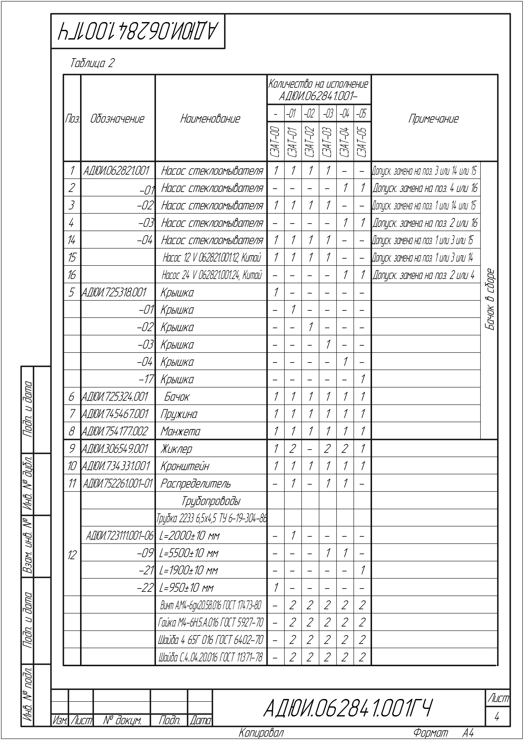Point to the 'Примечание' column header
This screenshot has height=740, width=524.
click(x=433, y=119)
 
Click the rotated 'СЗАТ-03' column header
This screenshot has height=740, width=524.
click(x=327, y=142)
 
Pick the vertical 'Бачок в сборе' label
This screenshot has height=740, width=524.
click(x=490, y=300)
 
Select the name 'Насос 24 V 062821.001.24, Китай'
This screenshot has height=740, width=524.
click(x=212, y=275)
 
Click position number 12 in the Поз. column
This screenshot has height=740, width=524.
click(x=72, y=555)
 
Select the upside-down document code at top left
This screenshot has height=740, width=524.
click(x=138, y=32)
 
